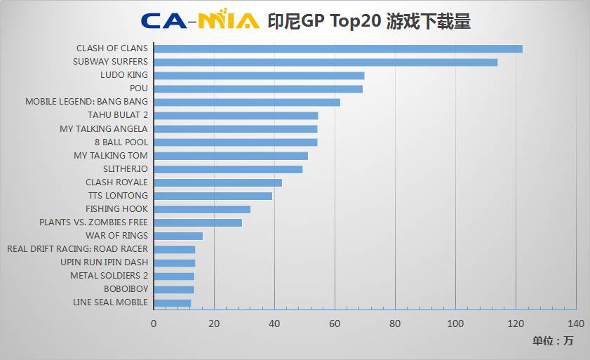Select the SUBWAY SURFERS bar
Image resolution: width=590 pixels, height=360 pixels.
[326, 62]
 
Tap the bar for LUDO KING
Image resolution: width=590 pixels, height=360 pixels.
[259, 75]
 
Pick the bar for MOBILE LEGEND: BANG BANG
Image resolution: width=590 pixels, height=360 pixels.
[247, 102]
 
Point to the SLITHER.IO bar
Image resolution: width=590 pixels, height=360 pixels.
[228, 169]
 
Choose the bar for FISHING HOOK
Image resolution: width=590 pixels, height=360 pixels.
[202, 209]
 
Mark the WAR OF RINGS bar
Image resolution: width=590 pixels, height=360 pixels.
[178, 236]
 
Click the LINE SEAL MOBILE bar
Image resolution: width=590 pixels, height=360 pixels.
[173, 303]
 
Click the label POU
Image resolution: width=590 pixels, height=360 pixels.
[139, 88]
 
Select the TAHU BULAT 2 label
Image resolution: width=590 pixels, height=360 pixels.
[118, 115]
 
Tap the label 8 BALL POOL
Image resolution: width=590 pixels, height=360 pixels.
[121, 142]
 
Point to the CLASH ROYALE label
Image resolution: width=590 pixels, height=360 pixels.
[116, 182]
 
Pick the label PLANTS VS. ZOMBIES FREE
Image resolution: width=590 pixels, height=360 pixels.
[94, 222]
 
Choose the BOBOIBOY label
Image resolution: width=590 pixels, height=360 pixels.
[126, 289]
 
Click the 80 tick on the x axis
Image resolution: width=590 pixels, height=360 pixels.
[395, 324]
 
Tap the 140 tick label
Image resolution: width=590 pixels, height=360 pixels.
[576, 324]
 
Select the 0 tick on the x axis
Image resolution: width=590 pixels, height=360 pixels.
[154, 324]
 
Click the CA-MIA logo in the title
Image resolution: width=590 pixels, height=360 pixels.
[200, 20]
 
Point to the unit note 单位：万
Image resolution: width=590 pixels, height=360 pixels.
[552, 342]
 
